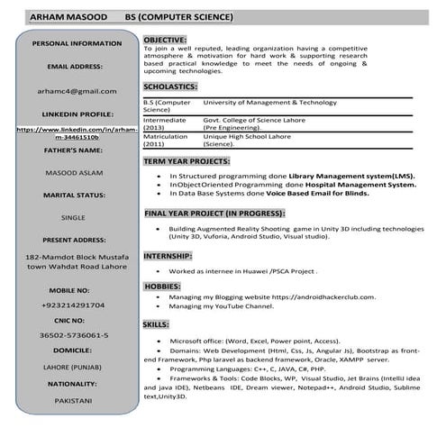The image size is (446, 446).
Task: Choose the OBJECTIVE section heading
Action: [165, 41]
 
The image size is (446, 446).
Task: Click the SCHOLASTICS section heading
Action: [169, 86]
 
